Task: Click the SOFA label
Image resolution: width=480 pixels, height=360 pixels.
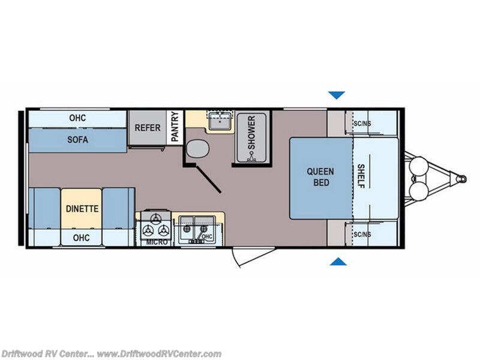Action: [78, 140]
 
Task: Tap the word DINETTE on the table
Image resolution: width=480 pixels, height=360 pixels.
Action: [82, 209]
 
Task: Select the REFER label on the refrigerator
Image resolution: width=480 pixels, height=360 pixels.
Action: [148, 128]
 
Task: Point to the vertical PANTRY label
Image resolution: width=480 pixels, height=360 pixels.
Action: [175, 127]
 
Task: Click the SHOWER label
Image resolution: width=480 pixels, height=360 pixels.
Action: [251, 133]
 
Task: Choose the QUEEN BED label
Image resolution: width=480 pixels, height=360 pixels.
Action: [320, 177]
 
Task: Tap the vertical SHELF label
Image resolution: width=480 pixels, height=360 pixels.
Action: [361, 176]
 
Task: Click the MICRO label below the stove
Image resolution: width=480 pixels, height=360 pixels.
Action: [157, 242]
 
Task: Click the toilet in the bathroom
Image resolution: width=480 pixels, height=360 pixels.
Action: [198, 148]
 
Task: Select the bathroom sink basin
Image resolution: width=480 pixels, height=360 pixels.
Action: [220, 122]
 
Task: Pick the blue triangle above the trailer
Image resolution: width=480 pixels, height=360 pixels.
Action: [337, 95]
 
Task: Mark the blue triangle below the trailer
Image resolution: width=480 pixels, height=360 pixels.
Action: [338, 262]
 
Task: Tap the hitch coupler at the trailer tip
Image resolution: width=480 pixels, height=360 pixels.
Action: [461, 178]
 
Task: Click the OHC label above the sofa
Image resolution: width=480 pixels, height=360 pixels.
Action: [77, 118]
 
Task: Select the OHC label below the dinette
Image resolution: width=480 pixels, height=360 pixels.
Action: [82, 238]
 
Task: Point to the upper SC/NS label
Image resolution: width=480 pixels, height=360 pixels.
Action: [362, 124]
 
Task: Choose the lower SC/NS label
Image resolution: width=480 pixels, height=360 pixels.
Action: [362, 235]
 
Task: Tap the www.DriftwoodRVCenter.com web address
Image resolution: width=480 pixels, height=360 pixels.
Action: [159, 354]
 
